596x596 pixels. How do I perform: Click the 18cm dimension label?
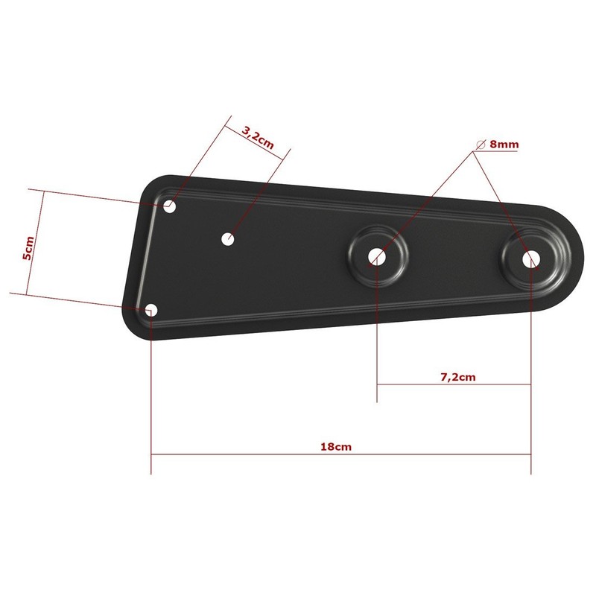(336, 446)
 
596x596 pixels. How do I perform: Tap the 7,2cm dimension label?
(457, 377)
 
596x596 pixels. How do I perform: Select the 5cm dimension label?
(28, 248)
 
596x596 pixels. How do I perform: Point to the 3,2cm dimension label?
(258, 137)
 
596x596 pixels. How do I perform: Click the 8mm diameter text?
(504, 145)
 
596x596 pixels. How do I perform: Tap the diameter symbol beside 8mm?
(481, 145)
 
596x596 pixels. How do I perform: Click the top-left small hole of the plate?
(170, 207)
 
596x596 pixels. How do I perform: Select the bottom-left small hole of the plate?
(152, 310)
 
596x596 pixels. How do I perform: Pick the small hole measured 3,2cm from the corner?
(228, 239)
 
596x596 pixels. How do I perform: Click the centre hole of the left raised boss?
(377, 257)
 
